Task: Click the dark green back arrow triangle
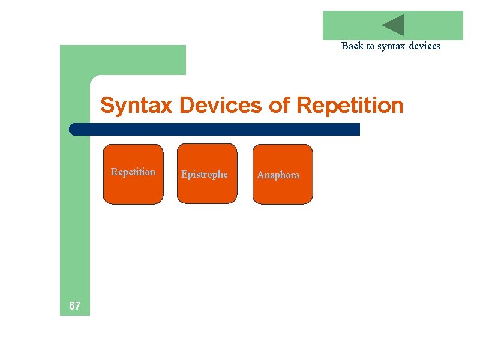click(x=395, y=25)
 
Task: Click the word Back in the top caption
click(x=352, y=46)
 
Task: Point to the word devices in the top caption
click(x=425, y=46)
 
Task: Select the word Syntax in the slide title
click(x=137, y=106)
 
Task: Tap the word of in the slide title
click(x=280, y=106)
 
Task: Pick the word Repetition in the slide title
click(x=350, y=106)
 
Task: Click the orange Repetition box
click(x=133, y=189)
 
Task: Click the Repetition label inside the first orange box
click(x=133, y=172)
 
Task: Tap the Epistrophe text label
click(x=205, y=175)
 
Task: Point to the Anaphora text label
click(x=278, y=175)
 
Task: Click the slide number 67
click(x=74, y=306)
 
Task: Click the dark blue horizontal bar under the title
click(x=216, y=129)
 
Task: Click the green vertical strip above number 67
click(x=74, y=210)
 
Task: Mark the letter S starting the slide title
click(x=107, y=106)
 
